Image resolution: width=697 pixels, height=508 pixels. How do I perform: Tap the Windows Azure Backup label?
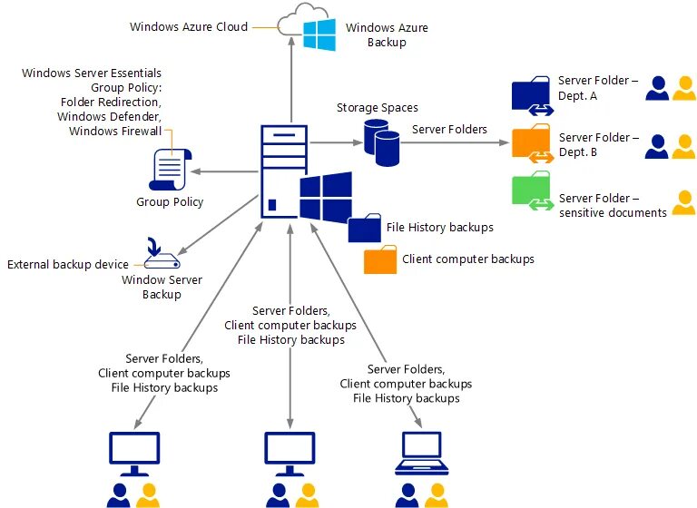point(387,35)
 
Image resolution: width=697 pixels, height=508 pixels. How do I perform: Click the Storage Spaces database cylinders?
point(382,141)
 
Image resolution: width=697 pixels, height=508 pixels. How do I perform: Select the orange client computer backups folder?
point(380,260)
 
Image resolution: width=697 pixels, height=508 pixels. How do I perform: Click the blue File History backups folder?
point(365,228)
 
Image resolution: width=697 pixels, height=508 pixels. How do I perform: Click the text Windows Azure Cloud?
point(188,27)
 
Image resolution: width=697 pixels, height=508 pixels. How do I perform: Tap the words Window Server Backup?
point(161,288)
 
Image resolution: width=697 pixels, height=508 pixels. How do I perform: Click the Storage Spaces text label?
point(377,108)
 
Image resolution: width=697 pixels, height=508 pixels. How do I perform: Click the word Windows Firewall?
point(115,132)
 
